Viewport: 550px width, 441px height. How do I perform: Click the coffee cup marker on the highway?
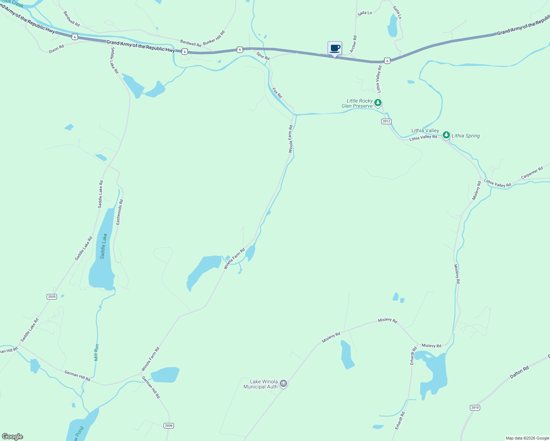click(335, 48)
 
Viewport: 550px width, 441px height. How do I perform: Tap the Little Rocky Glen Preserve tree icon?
click(378, 103)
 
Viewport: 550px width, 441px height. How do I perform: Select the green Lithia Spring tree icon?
click(446, 135)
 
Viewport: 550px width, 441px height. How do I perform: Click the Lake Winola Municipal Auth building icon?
click(283, 384)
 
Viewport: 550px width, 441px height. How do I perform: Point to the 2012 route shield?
click(386, 121)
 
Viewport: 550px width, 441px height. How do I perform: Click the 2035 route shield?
click(52, 297)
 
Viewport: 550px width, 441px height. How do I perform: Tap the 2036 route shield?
click(168, 426)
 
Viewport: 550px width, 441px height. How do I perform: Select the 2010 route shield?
click(475, 408)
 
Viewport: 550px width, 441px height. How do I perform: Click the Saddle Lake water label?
click(104, 246)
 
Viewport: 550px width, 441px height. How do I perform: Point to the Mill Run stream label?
click(96, 352)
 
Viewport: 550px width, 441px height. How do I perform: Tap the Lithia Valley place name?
click(425, 130)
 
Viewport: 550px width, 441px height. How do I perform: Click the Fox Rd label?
click(277, 93)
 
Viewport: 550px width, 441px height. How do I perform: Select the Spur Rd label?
click(263, 56)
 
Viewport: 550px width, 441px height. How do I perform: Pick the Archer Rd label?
click(353, 44)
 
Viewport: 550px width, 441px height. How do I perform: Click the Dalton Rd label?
click(519, 372)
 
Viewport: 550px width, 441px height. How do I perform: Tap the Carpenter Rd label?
click(532, 173)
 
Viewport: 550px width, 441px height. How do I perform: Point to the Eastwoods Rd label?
click(119, 212)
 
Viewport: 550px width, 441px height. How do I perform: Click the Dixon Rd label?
click(56, 49)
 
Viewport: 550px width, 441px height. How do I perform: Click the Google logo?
click(12, 437)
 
